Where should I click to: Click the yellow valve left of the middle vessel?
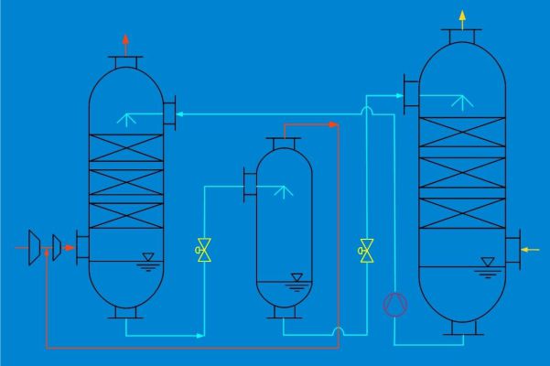tap(203, 248)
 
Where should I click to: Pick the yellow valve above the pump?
tap(367, 248)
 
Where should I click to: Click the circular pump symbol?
tap(394, 303)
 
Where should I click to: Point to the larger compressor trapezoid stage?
tap(35, 247)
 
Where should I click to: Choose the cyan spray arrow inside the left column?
tap(126, 116)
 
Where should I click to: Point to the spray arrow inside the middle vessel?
tap(284, 191)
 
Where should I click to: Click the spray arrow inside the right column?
tap(463, 98)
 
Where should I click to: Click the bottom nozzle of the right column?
tap(462, 326)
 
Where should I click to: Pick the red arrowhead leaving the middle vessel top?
tap(333, 124)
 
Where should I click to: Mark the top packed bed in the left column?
tap(125, 148)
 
